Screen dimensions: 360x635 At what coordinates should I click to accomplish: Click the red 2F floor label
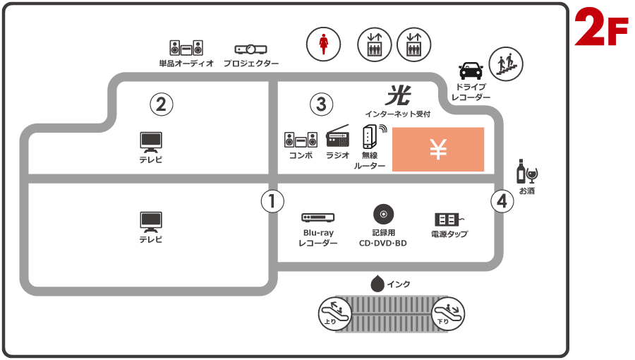pyautogui.click(x=601, y=29)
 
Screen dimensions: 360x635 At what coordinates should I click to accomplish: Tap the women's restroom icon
pyautogui.click(x=323, y=43)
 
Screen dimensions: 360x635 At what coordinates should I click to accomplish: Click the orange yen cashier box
pyautogui.click(x=438, y=149)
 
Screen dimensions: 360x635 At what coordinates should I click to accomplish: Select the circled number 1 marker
pyautogui.click(x=272, y=201)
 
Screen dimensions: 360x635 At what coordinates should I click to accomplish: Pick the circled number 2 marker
pyautogui.click(x=161, y=104)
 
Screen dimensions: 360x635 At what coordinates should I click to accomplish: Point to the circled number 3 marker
pyautogui.click(x=321, y=104)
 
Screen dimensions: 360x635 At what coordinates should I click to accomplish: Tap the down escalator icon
pyautogui.click(x=447, y=312)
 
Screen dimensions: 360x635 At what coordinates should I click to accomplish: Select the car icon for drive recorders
pyautogui.click(x=471, y=71)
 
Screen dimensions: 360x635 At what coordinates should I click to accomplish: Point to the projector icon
pyautogui.click(x=250, y=49)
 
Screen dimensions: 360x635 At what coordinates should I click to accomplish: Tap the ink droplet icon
pyautogui.click(x=377, y=284)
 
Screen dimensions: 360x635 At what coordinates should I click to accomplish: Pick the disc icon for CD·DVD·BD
pyautogui.click(x=382, y=213)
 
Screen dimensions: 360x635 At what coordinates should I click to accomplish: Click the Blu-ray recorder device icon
pyautogui.click(x=317, y=218)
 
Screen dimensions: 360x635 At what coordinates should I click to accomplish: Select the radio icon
pyautogui.click(x=338, y=136)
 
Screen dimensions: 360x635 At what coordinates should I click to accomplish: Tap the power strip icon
pyautogui.click(x=449, y=220)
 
